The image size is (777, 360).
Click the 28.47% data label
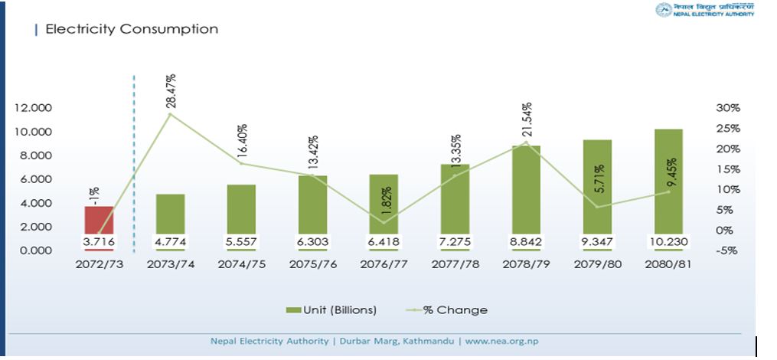coord(171,91)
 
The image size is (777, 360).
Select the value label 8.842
coord(526,242)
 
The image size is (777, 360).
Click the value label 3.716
coord(99,242)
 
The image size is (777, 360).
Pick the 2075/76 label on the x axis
coord(312,263)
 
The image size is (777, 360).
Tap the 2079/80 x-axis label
coord(597,263)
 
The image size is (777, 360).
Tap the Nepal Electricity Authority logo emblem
coord(663,10)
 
